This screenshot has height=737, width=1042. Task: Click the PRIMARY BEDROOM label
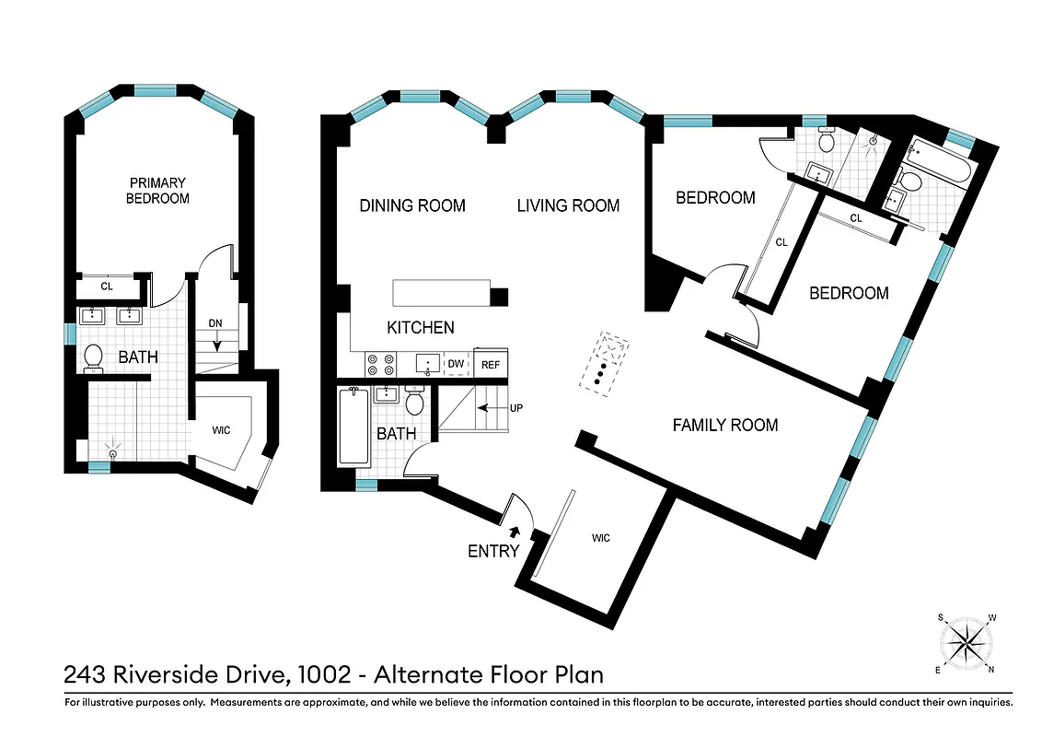tap(157, 191)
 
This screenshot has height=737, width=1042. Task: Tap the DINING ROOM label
tap(411, 205)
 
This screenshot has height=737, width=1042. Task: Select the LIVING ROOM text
tap(567, 205)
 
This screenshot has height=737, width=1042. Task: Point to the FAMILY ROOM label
tap(724, 425)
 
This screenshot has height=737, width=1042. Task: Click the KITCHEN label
tap(420, 327)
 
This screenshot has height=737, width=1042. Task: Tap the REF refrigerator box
tap(490, 365)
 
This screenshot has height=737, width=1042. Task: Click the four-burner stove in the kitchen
tap(380, 365)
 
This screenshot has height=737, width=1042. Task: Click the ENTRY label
tap(493, 551)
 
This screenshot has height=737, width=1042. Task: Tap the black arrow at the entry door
tap(513, 531)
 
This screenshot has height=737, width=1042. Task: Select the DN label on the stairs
tap(214, 323)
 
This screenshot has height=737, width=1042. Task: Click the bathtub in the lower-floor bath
tap(354, 427)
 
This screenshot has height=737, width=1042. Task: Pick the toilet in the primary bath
tap(93, 357)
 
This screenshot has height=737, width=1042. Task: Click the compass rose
tap(966, 641)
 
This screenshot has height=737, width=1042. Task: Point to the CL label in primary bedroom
tap(107, 287)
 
